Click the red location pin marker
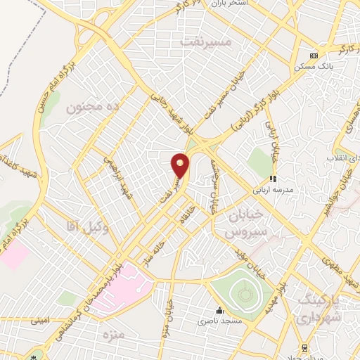[x=181, y=165]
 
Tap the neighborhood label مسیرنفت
[x=205, y=42]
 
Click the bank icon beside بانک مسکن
[x=314, y=56]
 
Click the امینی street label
[x=39, y=321]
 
